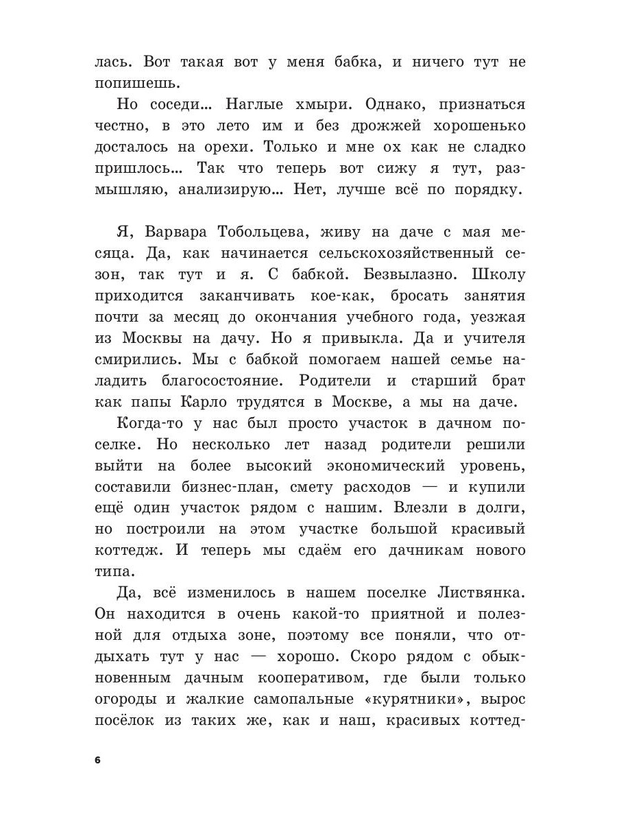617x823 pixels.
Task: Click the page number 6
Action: [97, 760]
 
